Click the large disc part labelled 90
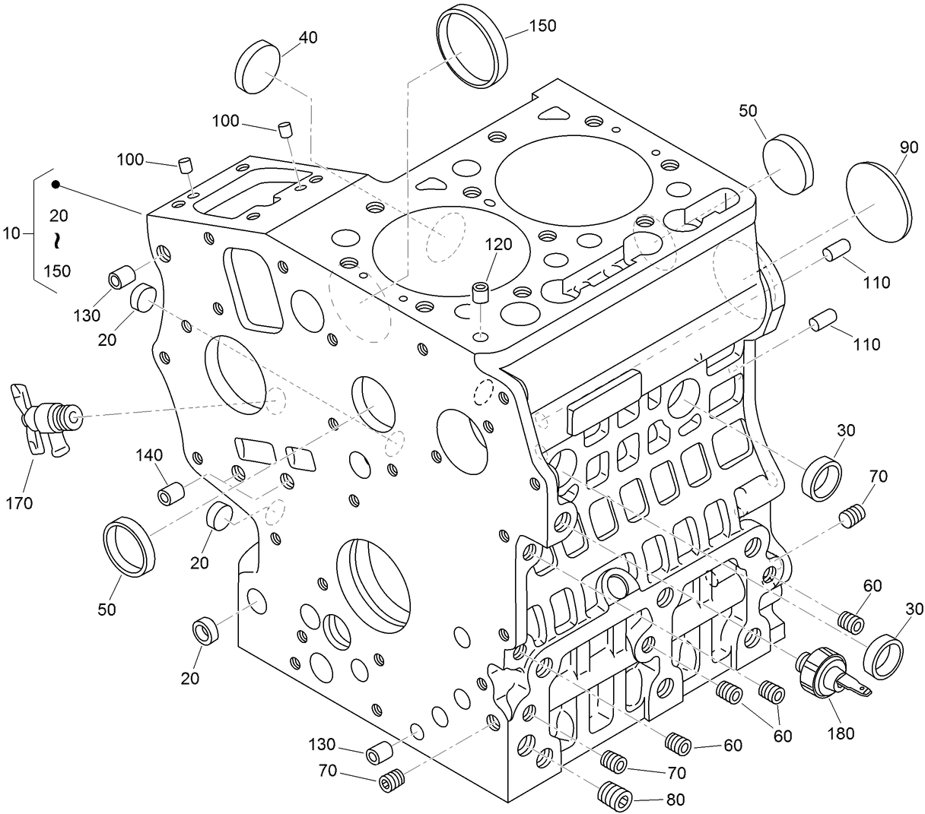coord(879,201)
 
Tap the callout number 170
coord(18,502)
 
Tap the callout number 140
coord(149,455)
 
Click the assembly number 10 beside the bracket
coord(11,233)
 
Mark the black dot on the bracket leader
coord(56,185)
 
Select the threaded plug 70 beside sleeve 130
coord(391,780)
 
